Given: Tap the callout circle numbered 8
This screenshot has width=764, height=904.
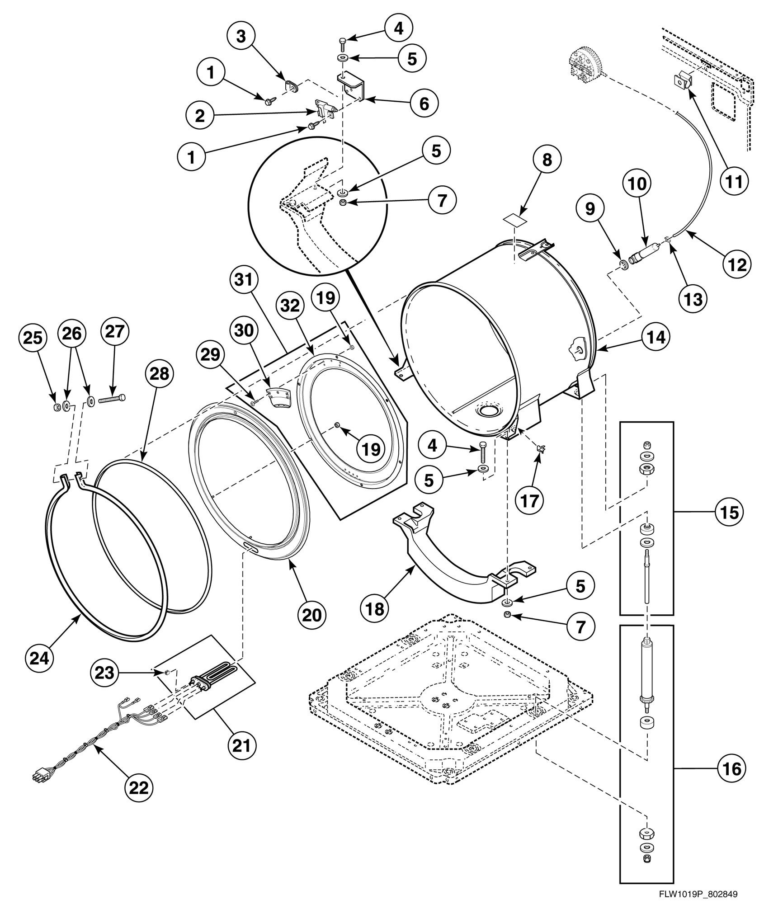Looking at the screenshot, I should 547,160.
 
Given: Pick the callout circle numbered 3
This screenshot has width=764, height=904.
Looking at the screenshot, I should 241,37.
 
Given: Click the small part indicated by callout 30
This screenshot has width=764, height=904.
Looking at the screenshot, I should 280,396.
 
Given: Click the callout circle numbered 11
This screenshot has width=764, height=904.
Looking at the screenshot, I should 734,182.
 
